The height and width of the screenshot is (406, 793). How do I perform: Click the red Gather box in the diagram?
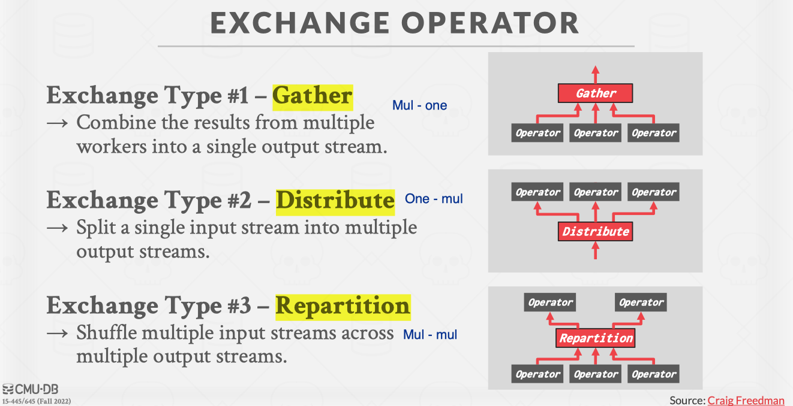point(595,93)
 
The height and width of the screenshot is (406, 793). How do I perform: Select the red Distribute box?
point(595,232)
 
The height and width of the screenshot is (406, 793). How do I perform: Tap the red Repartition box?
point(595,338)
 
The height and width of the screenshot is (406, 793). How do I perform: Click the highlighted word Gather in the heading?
point(313,96)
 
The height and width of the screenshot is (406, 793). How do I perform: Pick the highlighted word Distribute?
point(335,201)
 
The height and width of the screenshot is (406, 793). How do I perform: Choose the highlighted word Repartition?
point(343,307)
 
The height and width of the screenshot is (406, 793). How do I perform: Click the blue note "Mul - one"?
point(419,105)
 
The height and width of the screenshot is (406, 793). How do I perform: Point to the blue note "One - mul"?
point(434,199)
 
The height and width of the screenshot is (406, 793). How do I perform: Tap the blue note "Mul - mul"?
point(430,335)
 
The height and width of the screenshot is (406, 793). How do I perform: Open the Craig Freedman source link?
point(746,401)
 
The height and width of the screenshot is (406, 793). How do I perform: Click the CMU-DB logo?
point(30,389)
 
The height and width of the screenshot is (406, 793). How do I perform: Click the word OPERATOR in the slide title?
point(490,23)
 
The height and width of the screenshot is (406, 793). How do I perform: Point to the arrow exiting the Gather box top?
point(596,75)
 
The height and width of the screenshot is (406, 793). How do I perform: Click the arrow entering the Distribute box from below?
point(596,250)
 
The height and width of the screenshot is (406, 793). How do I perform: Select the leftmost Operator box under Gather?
point(537,133)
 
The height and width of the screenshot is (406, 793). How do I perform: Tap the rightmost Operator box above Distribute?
point(653,192)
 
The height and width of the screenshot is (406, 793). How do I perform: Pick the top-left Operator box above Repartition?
point(550,302)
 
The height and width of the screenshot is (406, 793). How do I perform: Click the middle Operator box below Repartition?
point(596,374)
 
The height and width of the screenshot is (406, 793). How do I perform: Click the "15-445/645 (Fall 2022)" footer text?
point(37,401)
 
